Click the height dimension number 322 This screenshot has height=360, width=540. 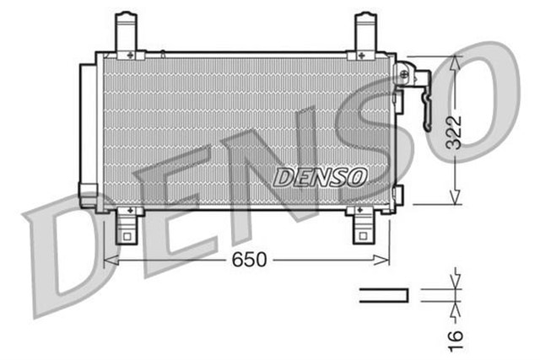tap(454, 131)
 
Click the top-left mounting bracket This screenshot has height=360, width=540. tap(126, 32)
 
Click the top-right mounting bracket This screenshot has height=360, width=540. tap(364, 32)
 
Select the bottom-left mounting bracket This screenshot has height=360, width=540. tap(127, 226)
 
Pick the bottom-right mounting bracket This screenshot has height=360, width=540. tap(364, 226)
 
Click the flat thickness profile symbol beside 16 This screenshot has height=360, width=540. tap(384, 294)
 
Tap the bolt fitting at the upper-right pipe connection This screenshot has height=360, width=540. tap(405, 74)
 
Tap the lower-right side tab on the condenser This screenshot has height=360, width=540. tap(397, 195)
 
